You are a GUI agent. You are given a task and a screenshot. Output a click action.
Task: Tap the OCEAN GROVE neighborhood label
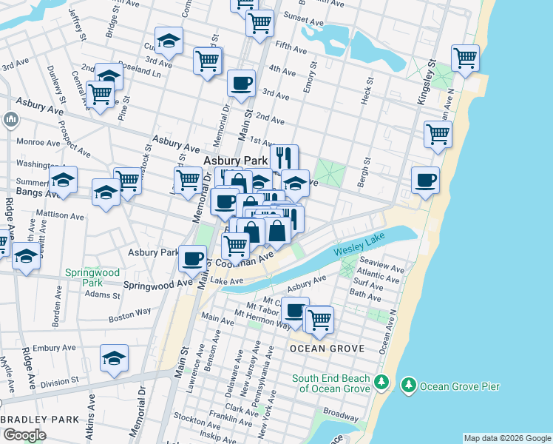327,348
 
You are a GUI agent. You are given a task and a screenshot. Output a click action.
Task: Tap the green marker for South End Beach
381,382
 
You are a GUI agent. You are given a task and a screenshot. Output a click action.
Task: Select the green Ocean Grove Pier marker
408,385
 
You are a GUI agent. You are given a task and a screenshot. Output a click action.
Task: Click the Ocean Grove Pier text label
460,386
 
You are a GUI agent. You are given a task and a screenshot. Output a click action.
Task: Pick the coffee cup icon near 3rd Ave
240,83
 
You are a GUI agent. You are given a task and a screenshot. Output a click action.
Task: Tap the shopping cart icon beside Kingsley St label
465,58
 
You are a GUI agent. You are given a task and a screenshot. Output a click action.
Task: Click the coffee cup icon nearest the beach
425,180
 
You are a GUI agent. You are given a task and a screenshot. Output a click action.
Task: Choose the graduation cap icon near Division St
114,358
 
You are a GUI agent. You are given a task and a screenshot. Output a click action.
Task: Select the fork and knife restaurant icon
284,157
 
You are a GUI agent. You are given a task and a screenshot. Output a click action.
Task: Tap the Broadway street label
340,414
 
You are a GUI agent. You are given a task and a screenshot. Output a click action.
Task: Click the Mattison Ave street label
67,217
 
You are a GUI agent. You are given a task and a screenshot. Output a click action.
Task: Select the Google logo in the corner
24,435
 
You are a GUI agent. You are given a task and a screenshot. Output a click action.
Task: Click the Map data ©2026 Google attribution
507,438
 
